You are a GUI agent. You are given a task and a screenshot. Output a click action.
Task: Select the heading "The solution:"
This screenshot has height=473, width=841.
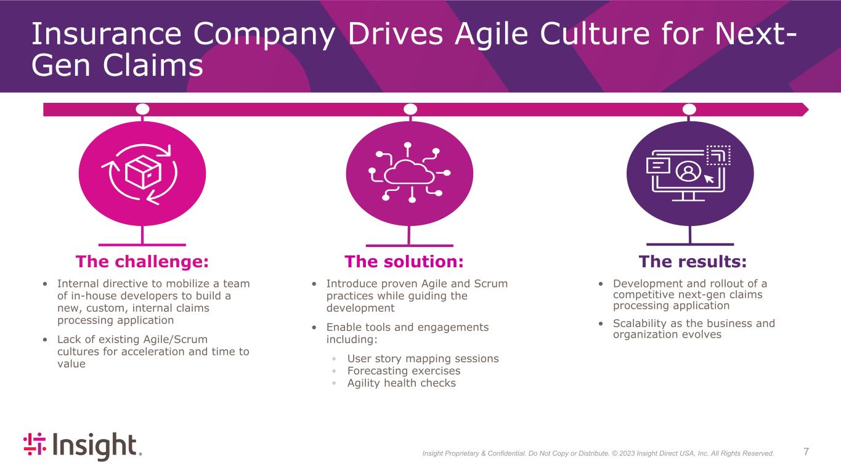pyautogui.click(x=404, y=262)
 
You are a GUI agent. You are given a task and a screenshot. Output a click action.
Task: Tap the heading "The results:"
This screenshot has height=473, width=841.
pyautogui.click(x=693, y=262)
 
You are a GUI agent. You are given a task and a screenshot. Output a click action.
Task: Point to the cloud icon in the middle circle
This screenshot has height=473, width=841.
pyautogui.click(x=409, y=173)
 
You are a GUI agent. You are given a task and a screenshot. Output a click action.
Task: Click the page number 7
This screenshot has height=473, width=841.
pyautogui.click(x=806, y=452)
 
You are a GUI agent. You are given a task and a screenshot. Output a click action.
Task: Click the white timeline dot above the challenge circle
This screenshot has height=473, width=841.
pyautogui.click(x=142, y=109)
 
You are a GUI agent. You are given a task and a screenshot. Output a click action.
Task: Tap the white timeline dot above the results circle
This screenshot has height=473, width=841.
pyautogui.click(x=689, y=109)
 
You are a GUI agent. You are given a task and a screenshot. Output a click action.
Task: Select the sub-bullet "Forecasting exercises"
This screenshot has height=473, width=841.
pyautogui.click(x=404, y=371)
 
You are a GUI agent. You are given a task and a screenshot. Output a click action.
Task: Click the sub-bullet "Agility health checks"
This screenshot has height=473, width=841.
pyautogui.click(x=401, y=383)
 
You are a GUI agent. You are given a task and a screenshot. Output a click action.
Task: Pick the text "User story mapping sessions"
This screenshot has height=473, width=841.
pyautogui.click(x=423, y=358)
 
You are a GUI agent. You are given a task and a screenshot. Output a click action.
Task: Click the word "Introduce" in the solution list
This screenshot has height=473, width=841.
pyautogui.click(x=355, y=283)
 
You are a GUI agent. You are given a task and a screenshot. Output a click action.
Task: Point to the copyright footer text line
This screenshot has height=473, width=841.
pyautogui.click(x=598, y=453)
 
